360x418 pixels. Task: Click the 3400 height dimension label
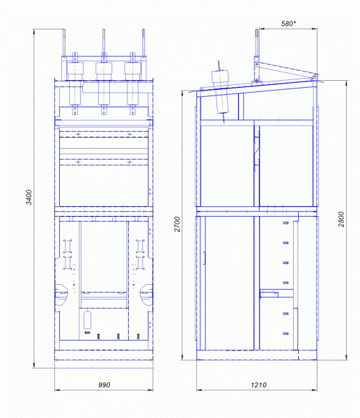click(x=29, y=197)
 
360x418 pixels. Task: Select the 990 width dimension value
click(x=104, y=385)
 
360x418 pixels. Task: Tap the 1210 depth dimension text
click(x=258, y=385)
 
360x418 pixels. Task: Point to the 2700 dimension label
click(x=177, y=224)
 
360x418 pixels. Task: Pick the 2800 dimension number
click(x=341, y=219)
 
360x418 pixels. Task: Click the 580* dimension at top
click(x=288, y=24)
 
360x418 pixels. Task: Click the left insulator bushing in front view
click(x=75, y=84)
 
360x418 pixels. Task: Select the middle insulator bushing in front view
click(x=104, y=84)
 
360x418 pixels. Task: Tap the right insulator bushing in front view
click(x=132, y=84)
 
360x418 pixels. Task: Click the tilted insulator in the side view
click(x=221, y=91)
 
